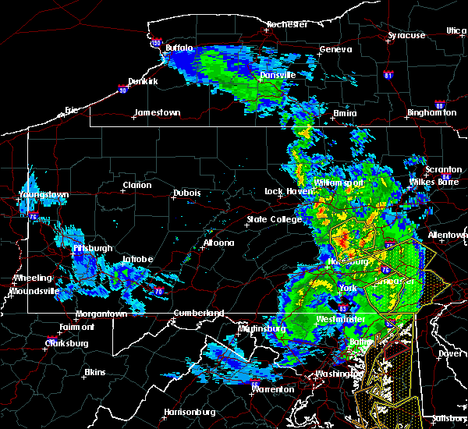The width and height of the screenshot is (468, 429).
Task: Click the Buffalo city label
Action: (179, 48)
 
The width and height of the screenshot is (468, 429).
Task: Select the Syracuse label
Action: (407, 35)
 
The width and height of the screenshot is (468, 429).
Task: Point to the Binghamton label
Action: (431, 113)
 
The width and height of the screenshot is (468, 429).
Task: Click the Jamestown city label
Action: (157, 112)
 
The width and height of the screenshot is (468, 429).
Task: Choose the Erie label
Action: (72, 110)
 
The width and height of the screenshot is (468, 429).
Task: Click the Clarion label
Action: (136, 185)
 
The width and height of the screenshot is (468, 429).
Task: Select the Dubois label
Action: (187, 193)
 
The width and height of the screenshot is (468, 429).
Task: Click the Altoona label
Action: (219, 243)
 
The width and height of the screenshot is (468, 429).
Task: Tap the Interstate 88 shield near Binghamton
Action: (439, 104)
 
